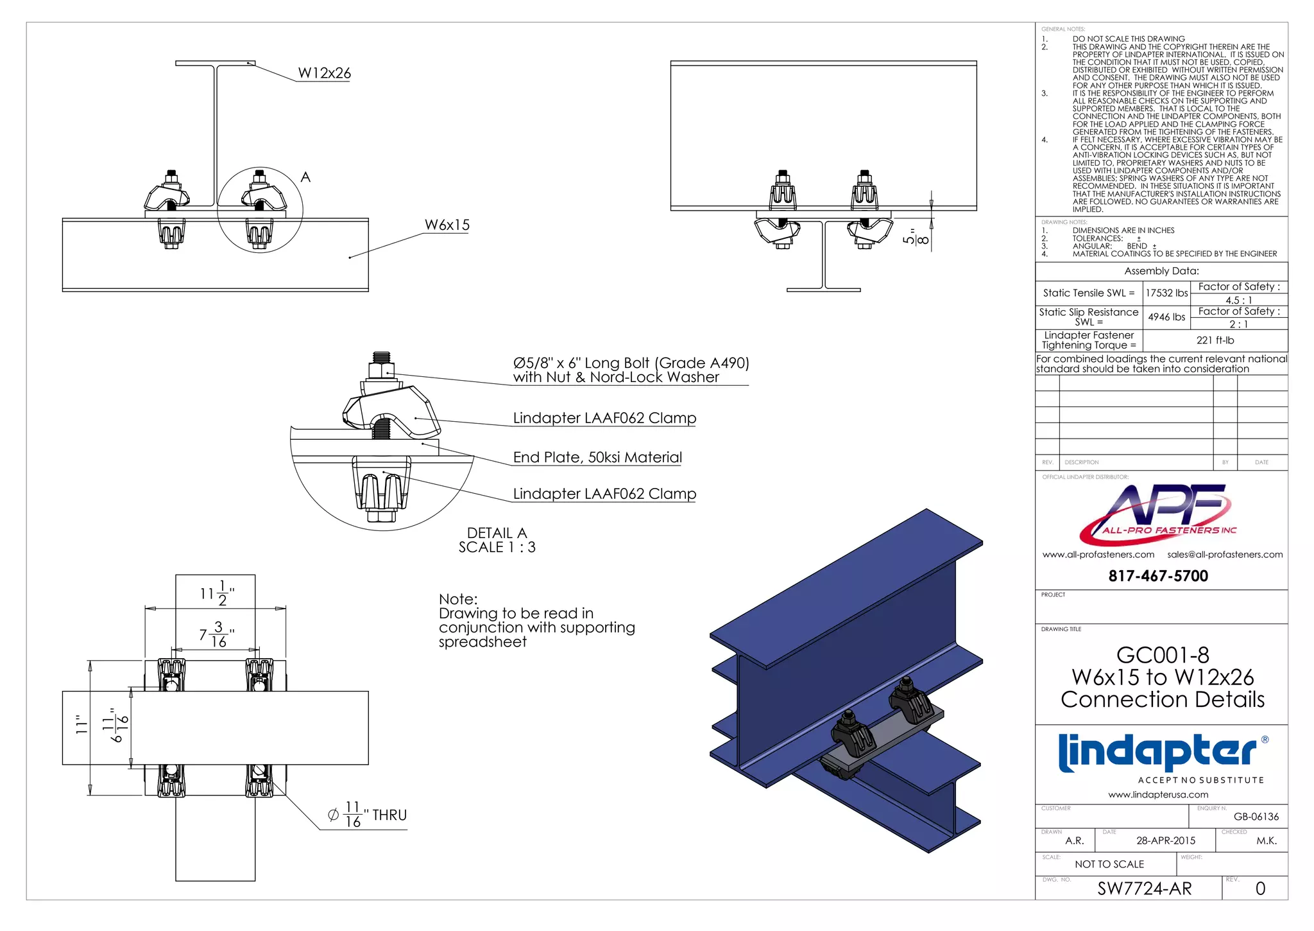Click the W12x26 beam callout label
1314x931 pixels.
coord(325,73)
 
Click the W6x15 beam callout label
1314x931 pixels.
coord(447,225)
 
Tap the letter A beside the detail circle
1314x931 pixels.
coord(305,177)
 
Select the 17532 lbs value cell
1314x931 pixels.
coord(1166,293)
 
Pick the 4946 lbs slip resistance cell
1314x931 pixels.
coord(1166,317)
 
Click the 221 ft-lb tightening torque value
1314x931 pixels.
coord(1215,340)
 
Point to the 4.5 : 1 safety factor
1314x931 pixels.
coord(1238,300)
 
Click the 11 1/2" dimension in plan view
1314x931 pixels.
coord(216,593)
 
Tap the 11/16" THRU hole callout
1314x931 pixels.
coord(368,815)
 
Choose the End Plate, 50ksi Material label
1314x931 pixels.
coord(597,457)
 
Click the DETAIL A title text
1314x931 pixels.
coord(497,533)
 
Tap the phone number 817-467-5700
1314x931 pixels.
coord(1158,576)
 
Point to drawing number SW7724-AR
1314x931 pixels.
coord(1144,889)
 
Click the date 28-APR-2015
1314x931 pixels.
coord(1166,840)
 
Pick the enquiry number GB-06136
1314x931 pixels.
coord(1256,817)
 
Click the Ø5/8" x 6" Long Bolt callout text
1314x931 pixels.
coord(631,363)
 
